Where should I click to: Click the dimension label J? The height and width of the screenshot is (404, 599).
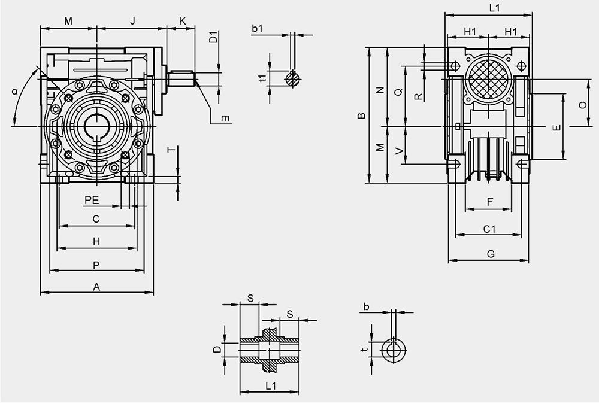pos(132,20)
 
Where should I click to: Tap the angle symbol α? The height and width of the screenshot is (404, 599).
pos(15,92)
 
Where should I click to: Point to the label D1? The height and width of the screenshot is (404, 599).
pos(214,38)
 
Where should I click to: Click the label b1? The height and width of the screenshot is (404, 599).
pos(258,28)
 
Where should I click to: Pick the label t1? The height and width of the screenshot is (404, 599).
pos(263,78)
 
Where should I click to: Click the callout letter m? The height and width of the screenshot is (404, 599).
pos(226,118)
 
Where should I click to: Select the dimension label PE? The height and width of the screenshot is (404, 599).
pos(92,200)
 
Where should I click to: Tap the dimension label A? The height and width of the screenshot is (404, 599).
pos(96,287)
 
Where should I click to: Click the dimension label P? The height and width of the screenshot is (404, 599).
pos(96,265)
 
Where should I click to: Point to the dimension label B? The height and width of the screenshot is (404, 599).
pos(361,116)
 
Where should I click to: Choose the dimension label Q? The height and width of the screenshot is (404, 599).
pos(398,92)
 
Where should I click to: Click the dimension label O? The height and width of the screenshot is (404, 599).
pos(583,105)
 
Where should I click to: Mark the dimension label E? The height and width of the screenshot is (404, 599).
pos(557,127)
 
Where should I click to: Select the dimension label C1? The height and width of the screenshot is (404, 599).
pos(489,229)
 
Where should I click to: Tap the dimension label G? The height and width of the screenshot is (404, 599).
pos(491,254)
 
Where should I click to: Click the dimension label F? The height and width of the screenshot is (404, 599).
pos(491,202)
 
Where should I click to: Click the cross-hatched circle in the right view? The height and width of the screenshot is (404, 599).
pos(489,79)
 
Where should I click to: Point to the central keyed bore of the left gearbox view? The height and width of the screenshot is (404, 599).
pos(97,126)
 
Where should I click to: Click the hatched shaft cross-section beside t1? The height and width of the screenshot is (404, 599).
pos(293,78)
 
